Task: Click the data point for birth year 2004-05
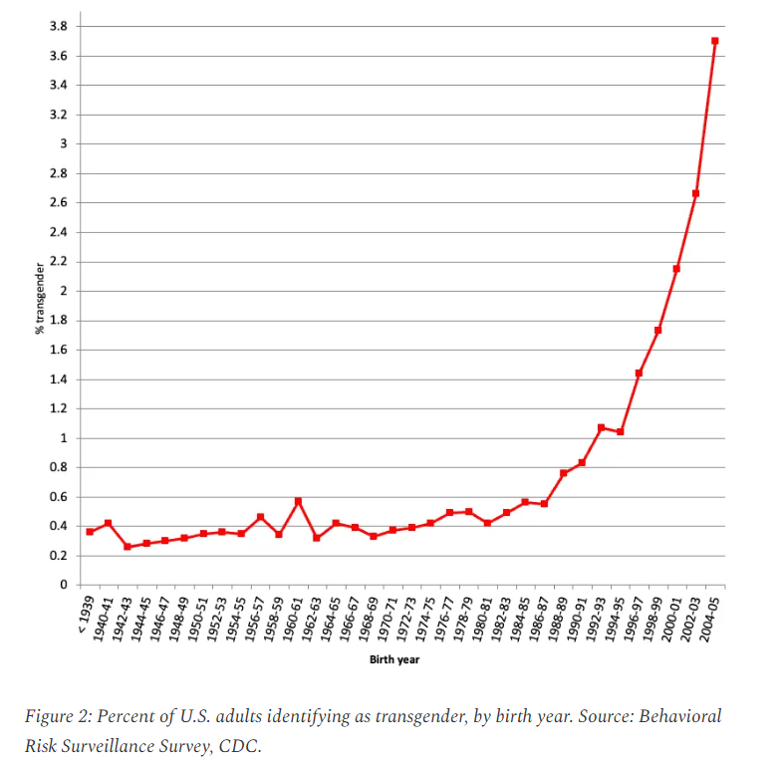(x=715, y=41)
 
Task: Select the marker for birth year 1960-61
(x=298, y=501)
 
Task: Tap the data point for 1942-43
(x=128, y=547)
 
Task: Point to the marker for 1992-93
(x=601, y=427)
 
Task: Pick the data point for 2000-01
(x=676, y=269)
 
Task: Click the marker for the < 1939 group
(x=90, y=532)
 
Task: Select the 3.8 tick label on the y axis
(x=59, y=26)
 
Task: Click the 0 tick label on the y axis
(x=64, y=585)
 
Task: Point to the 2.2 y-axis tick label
(x=59, y=262)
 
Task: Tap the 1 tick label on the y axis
(x=64, y=438)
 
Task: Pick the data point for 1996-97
(x=639, y=373)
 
